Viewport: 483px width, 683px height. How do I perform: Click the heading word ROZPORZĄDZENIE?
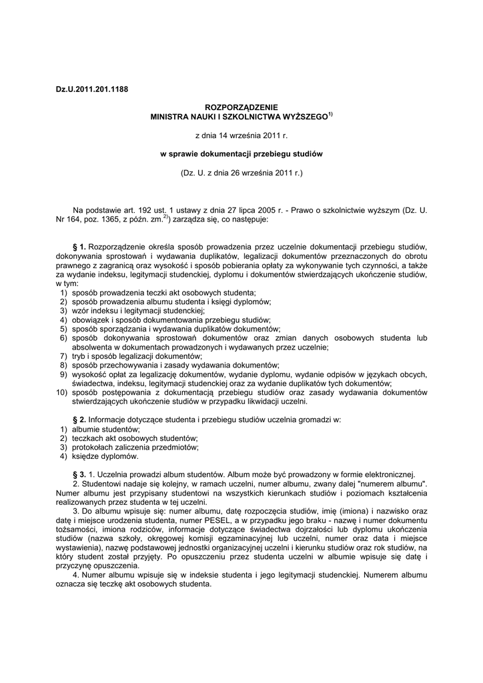tap(241, 107)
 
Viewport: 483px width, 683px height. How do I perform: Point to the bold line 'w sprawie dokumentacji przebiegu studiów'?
tap(241, 153)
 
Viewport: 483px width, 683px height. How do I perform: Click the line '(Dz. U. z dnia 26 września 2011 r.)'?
tap(241, 172)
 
